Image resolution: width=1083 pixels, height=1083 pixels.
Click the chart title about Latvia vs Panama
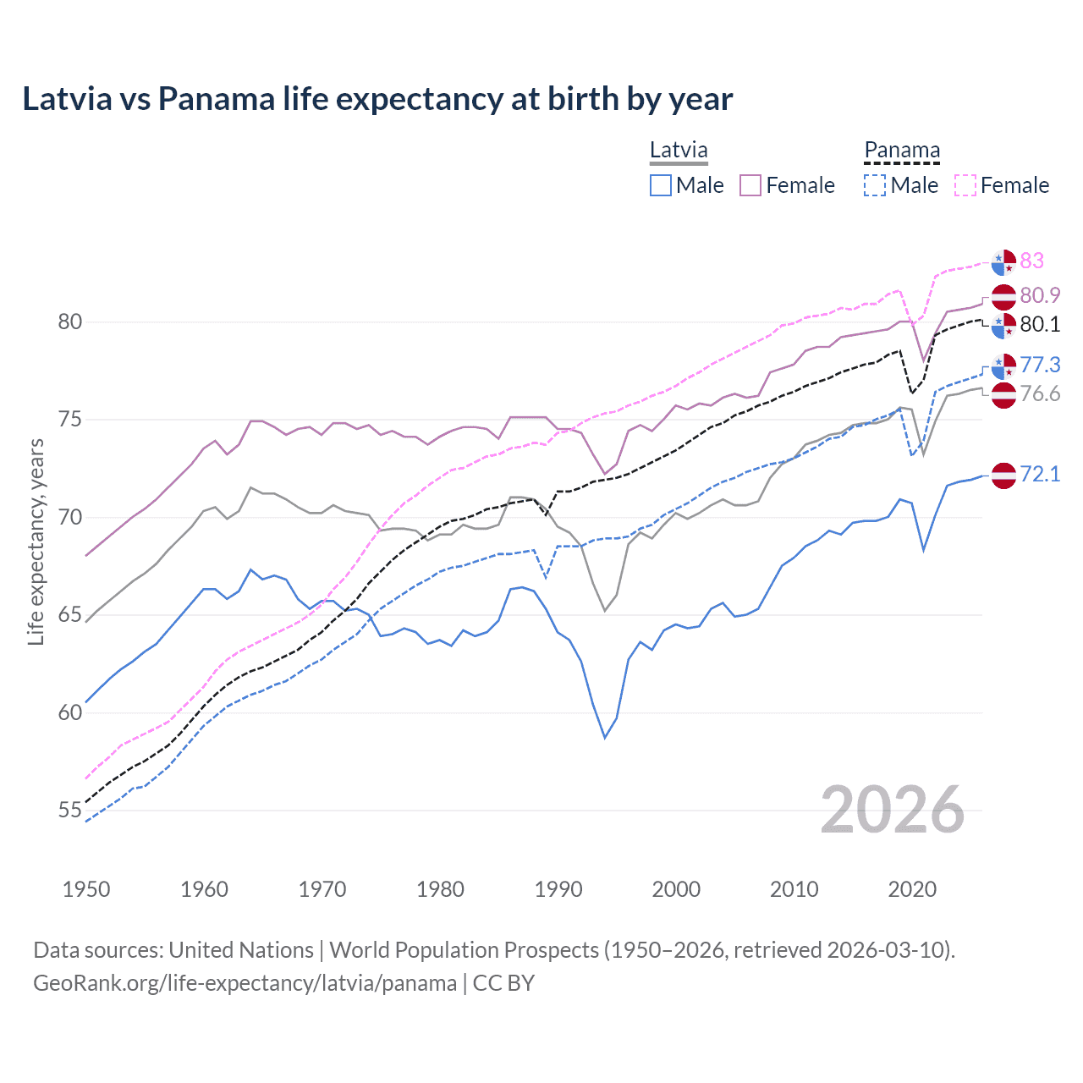coord(377,99)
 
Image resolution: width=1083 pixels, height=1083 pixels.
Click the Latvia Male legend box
coord(661,185)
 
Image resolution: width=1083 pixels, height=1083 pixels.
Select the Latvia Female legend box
coord(750,185)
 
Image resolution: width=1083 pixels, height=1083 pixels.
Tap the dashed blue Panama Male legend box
coord(875,185)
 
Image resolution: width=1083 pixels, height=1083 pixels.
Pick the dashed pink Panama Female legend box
coord(965,185)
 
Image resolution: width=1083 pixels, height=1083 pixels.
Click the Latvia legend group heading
coord(679,151)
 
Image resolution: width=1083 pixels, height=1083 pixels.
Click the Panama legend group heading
coord(902,151)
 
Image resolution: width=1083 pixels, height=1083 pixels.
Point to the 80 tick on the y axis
coord(70,322)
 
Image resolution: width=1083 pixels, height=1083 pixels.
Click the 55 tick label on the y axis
coord(70,811)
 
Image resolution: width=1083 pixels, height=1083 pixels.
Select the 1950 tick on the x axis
coord(86,889)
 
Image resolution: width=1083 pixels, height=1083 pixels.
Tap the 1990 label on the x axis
coord(558,889)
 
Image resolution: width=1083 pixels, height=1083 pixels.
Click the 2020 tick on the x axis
coord(912,889)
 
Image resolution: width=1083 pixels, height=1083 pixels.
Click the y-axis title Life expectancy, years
coord(36,541)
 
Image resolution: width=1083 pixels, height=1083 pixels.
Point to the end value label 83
coord(1031,261)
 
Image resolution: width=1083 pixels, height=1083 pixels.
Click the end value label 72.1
coord(1040,474)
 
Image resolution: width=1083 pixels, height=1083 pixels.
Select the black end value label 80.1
coord(1040,324)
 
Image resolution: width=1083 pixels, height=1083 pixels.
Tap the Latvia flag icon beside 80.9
coord(1003,297)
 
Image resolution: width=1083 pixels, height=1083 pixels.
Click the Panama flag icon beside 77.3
coord(1003,366)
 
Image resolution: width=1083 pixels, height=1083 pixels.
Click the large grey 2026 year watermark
coord(893,810)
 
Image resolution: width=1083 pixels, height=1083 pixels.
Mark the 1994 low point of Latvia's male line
coord(605,738)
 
